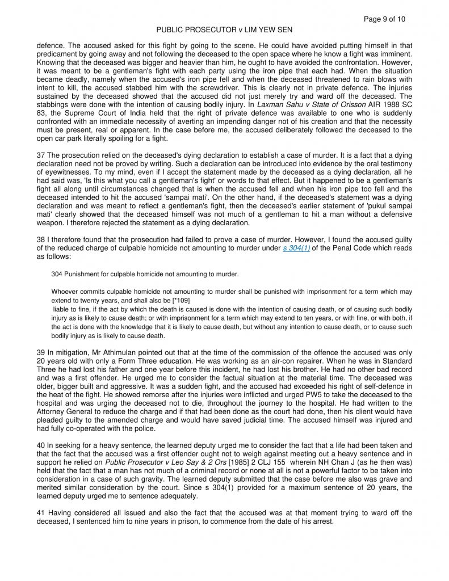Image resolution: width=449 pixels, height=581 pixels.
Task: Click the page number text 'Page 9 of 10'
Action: pos(384,19)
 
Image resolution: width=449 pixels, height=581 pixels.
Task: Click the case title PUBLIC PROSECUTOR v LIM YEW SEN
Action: pos(224,30)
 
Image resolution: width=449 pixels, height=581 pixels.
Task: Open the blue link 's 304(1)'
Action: pos(296,249)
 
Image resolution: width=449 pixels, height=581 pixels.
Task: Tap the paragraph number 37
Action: pos(40,155)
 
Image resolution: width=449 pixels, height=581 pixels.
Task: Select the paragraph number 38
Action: pos(40,241)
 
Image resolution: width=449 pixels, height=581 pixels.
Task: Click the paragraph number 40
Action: pos(40,445)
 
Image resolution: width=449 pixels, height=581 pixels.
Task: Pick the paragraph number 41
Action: pos(40,513)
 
